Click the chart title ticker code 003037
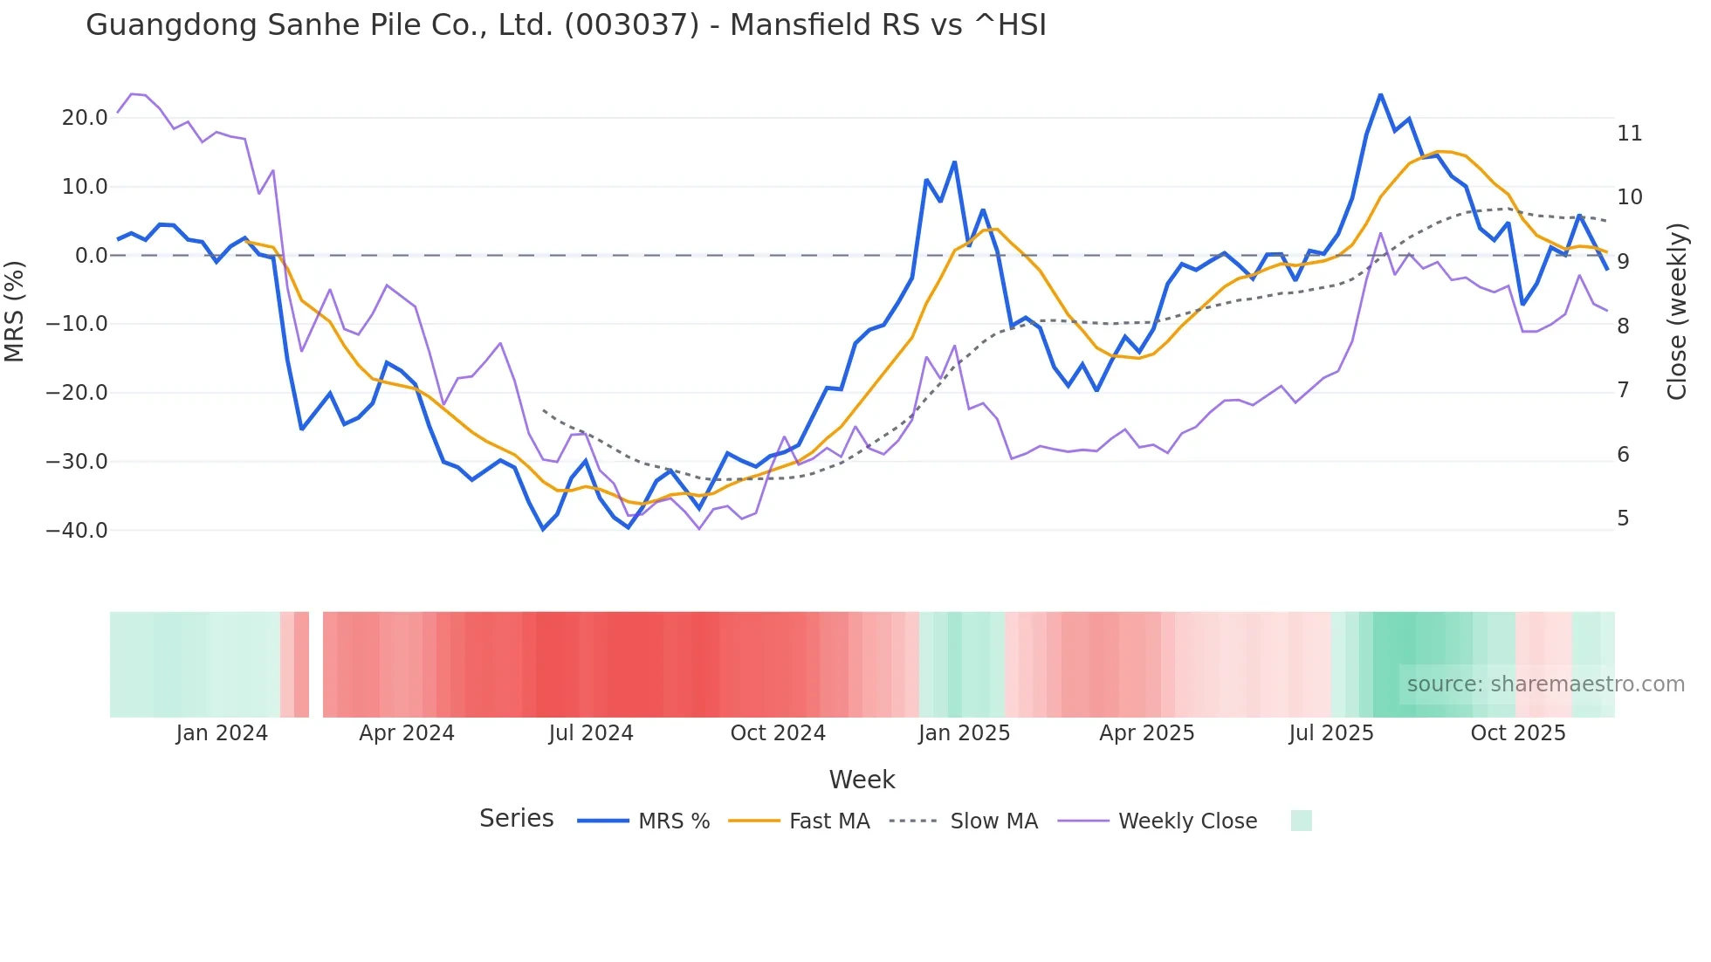point(631,25)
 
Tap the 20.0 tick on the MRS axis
point(85,118)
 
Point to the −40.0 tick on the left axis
point(77,531)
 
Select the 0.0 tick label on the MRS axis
point(91,256)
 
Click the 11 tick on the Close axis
point(1629,134)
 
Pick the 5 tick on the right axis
point(1623,519)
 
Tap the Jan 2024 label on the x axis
point(222,733)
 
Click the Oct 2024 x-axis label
point(778,733)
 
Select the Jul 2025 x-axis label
point(1331,733)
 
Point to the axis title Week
point(862,780)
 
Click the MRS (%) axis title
point(15,311)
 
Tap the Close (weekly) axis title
point(1677,312)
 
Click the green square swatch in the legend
point(1301,821)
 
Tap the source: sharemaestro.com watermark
point(1545,684)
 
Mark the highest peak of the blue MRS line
point(1380,94)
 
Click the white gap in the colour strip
point(316,664)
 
